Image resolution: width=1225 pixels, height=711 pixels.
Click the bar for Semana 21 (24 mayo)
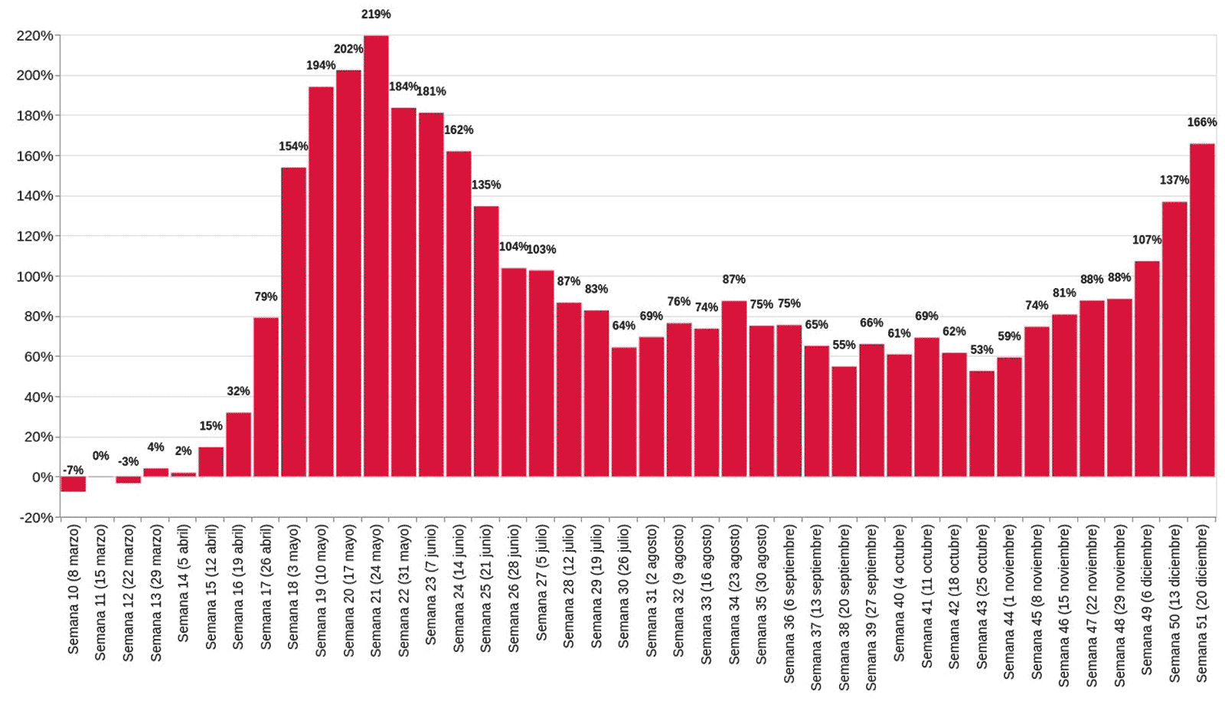(376, 257)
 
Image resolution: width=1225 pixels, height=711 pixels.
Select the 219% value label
(376, 14)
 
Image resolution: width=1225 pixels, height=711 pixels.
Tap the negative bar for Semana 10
(73, 484)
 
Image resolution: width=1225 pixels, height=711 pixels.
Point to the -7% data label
(73, 470)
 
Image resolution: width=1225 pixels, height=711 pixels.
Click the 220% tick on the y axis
(35, 35)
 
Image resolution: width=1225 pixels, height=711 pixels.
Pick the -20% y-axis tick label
(35, 517)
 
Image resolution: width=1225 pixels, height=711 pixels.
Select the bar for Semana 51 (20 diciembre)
(1202, 310)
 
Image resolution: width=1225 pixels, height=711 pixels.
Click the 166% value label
(1202, 122)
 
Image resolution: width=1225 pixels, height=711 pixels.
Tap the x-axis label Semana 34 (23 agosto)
(734, 594)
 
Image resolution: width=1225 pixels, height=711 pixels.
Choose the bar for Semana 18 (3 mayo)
(293, 322)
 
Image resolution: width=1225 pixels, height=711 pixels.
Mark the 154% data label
(293, 146)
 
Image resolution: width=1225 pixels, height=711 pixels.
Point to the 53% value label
(982, 349)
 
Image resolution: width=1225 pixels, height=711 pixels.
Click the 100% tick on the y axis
(35, 276)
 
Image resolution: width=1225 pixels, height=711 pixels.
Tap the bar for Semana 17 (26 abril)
(266, 397)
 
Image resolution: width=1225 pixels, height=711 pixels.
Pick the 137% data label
(1174, 180)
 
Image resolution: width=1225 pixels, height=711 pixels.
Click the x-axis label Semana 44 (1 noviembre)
(1009, 601)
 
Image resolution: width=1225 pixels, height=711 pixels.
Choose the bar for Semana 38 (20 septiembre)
(844, 421)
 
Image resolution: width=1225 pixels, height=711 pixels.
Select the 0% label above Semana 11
(101, 456)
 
